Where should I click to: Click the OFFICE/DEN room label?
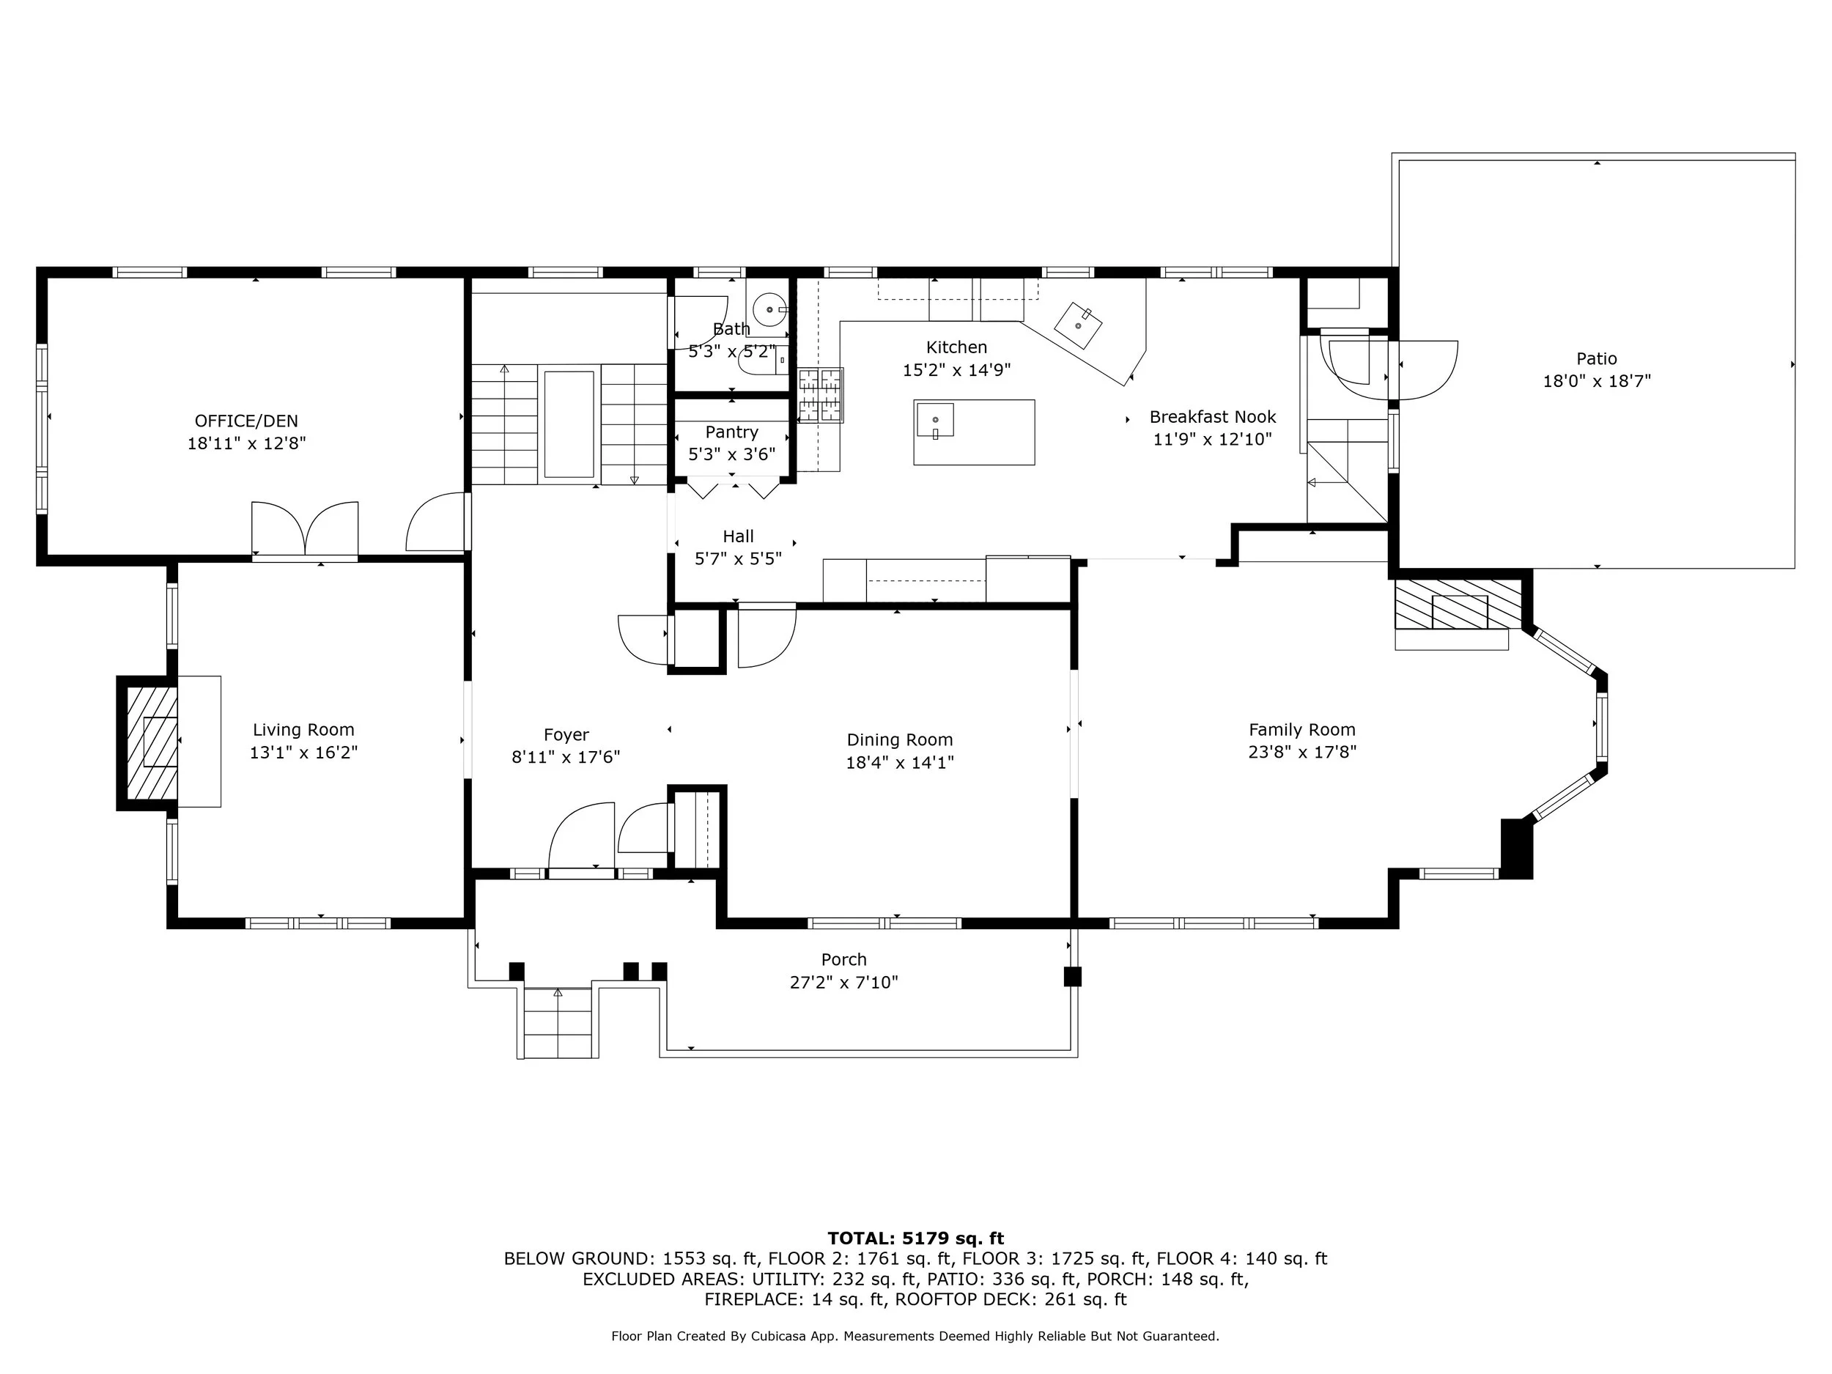(246, 421)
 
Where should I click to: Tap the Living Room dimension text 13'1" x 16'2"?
(303, 753)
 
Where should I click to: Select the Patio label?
(1596, 358)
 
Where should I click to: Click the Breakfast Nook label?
(1213, 416)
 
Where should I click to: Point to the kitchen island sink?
(935, 419)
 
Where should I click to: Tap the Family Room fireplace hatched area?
(1458, 604)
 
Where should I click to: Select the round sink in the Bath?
(771, 310)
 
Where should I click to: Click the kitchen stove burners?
(820, 395)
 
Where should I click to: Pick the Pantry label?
(731, 432)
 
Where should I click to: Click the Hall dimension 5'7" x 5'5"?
(738, 559)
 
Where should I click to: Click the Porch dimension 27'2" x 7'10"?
(844, 982)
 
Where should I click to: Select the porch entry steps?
(559, 1023)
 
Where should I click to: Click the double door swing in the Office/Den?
(305, 528)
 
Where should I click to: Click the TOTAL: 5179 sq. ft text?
(915, 1238)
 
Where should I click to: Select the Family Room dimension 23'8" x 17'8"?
(1302, 753)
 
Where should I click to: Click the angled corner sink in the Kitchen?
(1079, 325)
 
